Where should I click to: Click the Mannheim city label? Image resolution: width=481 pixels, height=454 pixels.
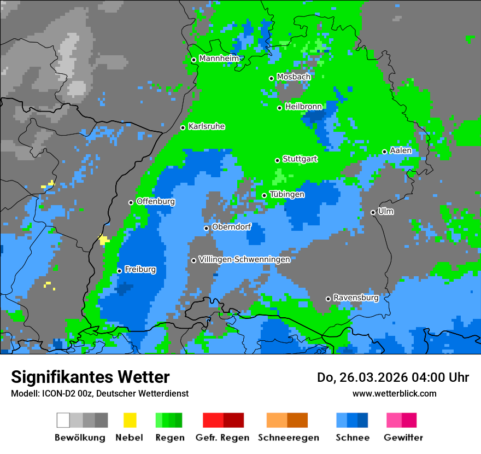pos(219,59)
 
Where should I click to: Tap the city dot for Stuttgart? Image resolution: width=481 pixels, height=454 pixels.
pos(278,160)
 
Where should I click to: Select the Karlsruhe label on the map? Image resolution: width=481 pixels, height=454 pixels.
pos(207,126)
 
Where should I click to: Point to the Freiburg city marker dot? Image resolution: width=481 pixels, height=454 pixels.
pos(120,271)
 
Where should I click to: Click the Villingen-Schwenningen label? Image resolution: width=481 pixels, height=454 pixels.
pos(244,259)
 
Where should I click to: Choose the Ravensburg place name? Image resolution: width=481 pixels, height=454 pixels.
pos(356,298)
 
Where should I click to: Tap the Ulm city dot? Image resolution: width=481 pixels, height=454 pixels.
pos(373,212)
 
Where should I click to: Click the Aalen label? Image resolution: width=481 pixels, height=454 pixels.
pos(401,150)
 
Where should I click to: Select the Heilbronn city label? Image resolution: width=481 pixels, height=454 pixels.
pos(303,106)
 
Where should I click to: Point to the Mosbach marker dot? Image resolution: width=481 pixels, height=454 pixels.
pos(271,78)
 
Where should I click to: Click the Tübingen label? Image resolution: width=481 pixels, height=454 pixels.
pos(287,194)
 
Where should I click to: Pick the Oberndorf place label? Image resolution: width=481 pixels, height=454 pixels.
pos(231,227)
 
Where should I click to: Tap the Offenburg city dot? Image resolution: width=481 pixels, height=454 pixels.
pos(131,202)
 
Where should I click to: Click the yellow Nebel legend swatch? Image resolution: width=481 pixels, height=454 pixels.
pos(130,420)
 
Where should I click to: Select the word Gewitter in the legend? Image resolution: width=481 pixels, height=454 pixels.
pos(403,438)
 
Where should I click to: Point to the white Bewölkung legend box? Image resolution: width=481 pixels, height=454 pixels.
pos(63,420)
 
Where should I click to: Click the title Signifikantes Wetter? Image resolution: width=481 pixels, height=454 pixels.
pos(90,377)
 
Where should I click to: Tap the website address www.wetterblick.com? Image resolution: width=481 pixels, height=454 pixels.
pos(394,393)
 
